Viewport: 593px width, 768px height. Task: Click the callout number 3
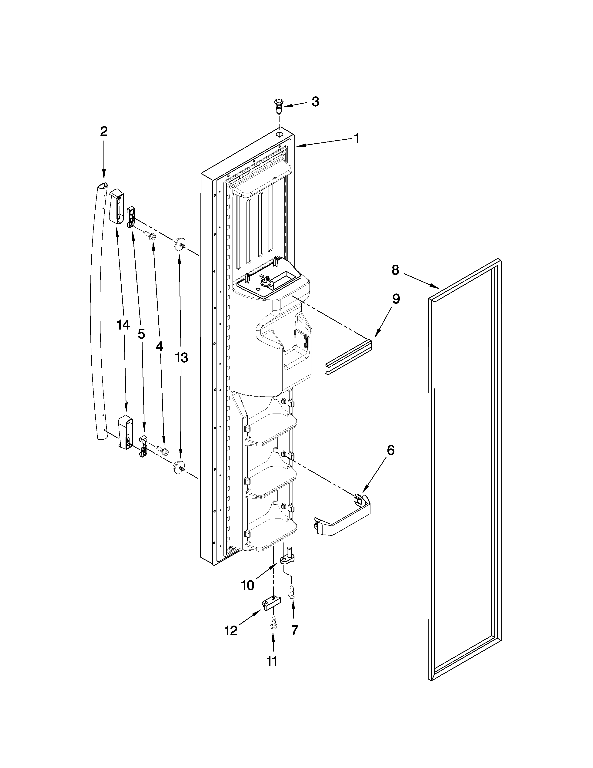tap(315, 102)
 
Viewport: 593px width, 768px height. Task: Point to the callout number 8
tap(395, 270)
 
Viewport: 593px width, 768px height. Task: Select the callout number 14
tap(123, 325)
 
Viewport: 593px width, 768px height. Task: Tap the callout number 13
tap(182, 358)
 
